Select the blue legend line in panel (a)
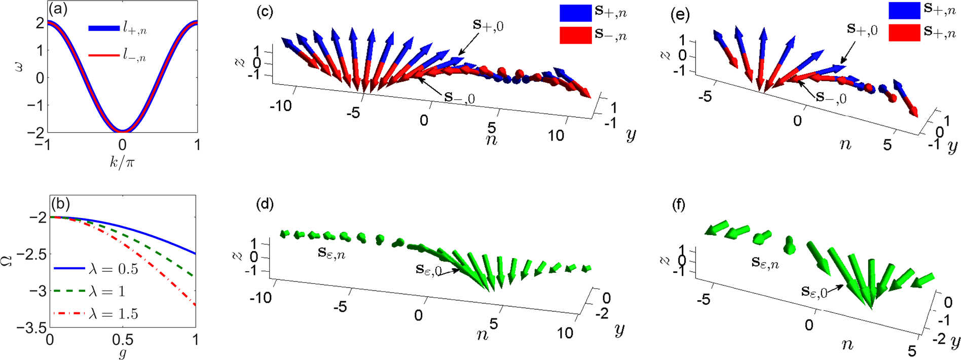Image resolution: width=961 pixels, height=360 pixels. click(x=103, y=29)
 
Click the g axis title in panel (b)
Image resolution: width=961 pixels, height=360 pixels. click(x=122, y=353)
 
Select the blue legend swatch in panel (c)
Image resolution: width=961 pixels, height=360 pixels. click(x=575, y=13)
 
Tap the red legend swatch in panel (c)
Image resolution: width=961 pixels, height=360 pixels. click(x=575, y=35)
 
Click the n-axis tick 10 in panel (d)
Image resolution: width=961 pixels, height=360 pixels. click(x=565, y=333)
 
